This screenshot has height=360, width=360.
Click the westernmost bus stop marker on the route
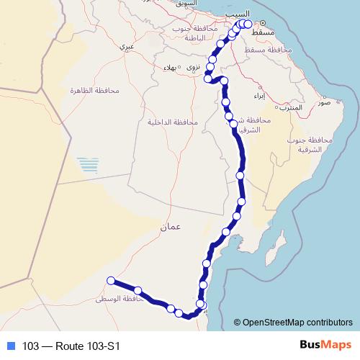(x=111, y=280)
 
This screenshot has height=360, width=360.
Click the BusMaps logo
(x=321, y=346)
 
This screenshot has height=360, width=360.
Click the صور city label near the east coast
(x=323, y=103)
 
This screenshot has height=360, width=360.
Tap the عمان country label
(x=171, y=227)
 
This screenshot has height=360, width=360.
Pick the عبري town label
(x=127, y=48)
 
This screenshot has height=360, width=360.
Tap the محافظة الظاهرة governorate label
(x=89, y=91)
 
